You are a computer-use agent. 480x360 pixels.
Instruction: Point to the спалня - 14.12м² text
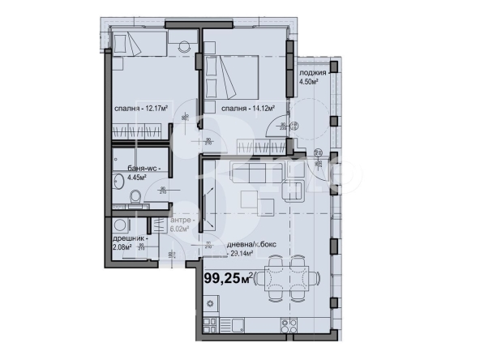[247, 106]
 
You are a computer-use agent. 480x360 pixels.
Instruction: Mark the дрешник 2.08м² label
[129, 243]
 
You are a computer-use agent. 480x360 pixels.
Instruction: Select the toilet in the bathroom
[136, 195]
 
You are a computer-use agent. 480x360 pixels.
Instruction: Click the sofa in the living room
[257, 173]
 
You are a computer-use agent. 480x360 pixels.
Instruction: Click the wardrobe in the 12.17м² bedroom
[141, 129]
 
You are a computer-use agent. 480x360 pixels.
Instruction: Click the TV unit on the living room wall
[208, 198]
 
